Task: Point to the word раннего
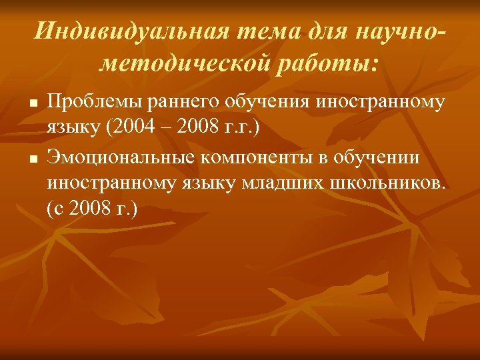click(x=171, y=103)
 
